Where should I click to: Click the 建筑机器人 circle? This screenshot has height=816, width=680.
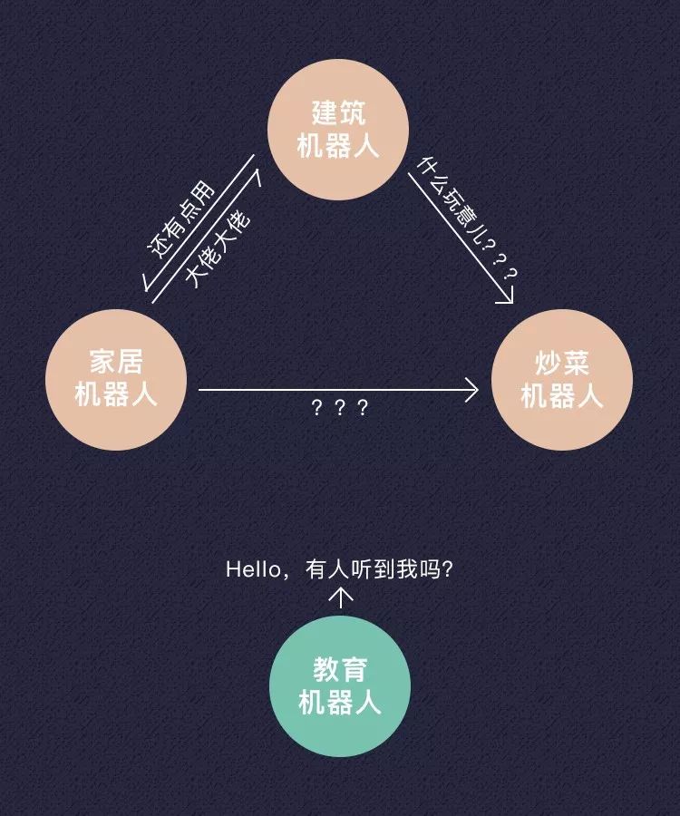tap(338, 129)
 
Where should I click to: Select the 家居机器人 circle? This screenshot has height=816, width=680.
tap(116, 379)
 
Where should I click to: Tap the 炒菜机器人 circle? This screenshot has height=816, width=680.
tap(562, 379)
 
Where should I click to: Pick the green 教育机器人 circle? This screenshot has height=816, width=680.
tap(340, 686)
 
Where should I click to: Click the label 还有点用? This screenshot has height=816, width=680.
tap(181, 219)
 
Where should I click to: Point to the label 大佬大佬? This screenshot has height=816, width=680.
tap(218, 248)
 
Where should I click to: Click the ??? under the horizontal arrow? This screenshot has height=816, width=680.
tap(339, 407)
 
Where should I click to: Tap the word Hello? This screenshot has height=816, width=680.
tap(253, 569)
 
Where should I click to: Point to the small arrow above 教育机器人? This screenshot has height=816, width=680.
tap(341, 597)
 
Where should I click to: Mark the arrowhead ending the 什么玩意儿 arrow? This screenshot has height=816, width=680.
tap(507, 296)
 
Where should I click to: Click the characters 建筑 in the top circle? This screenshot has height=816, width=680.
tap(339, 113)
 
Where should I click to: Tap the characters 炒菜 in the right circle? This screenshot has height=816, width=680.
tap(562, 364)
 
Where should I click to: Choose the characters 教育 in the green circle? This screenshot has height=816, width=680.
tap(340, 670)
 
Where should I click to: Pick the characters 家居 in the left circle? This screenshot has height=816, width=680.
tap(116, 362)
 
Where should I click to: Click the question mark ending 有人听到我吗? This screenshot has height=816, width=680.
tap(446, 569)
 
